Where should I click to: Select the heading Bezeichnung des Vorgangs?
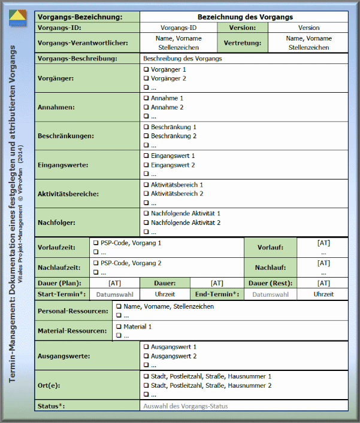coord(245,17)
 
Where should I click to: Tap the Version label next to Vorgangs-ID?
coord(240,28)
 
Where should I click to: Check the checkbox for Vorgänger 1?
coord(146,70)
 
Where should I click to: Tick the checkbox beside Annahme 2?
coord(146,108)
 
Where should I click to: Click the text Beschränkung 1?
coord(173,127)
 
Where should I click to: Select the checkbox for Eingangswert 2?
coord(146,165)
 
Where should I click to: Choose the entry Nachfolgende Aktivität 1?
coord(186,214)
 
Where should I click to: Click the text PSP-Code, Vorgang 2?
coord(131,263)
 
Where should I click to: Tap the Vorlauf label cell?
coord(271,247)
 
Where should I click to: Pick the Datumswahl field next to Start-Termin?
coord(114,294)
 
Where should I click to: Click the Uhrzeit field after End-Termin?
coord(323,294)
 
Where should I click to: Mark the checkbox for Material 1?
coord(119,327)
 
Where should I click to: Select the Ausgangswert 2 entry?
coord(173,356)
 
